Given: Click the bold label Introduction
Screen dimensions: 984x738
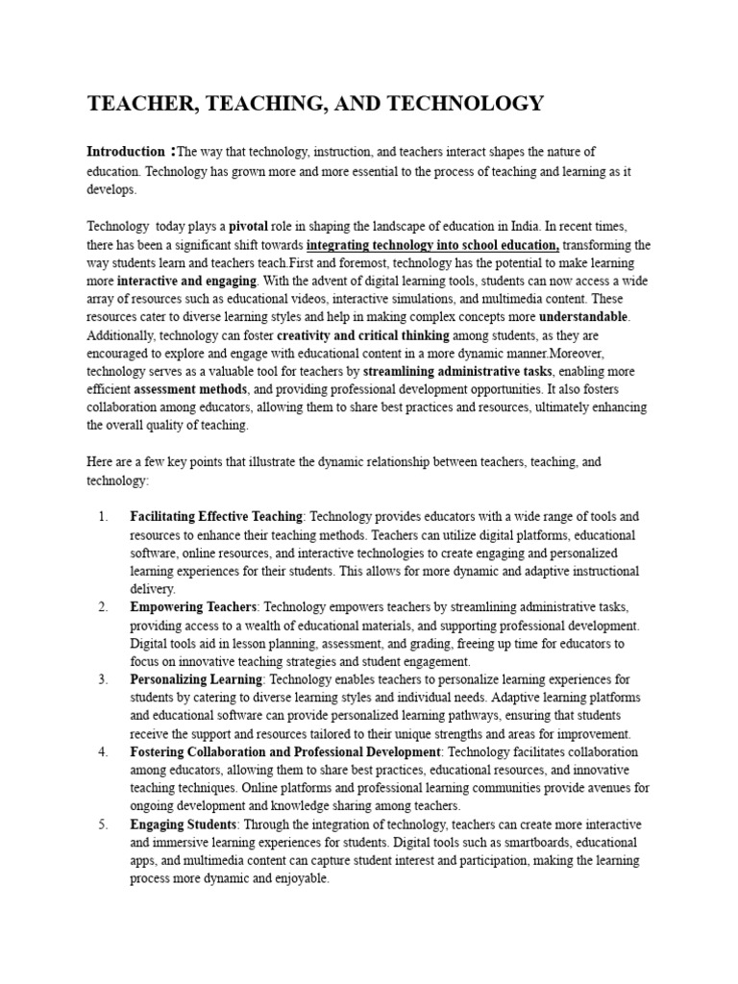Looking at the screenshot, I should click(126, 152).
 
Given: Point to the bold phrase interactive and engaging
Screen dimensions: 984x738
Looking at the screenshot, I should click(186, 282).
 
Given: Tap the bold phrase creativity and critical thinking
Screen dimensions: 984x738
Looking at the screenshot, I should click(362, 335).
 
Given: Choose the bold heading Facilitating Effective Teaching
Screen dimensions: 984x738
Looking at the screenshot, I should click(216, 517).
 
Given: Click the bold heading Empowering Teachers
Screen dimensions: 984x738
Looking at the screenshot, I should click(193, 607).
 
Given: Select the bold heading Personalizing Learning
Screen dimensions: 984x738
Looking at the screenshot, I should click(196, 679).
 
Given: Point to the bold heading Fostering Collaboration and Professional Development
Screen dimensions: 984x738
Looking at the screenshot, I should click(285, 751).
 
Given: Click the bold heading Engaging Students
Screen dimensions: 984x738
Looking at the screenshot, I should click(183, 824).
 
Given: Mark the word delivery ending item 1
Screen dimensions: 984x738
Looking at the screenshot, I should click(152, 589).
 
